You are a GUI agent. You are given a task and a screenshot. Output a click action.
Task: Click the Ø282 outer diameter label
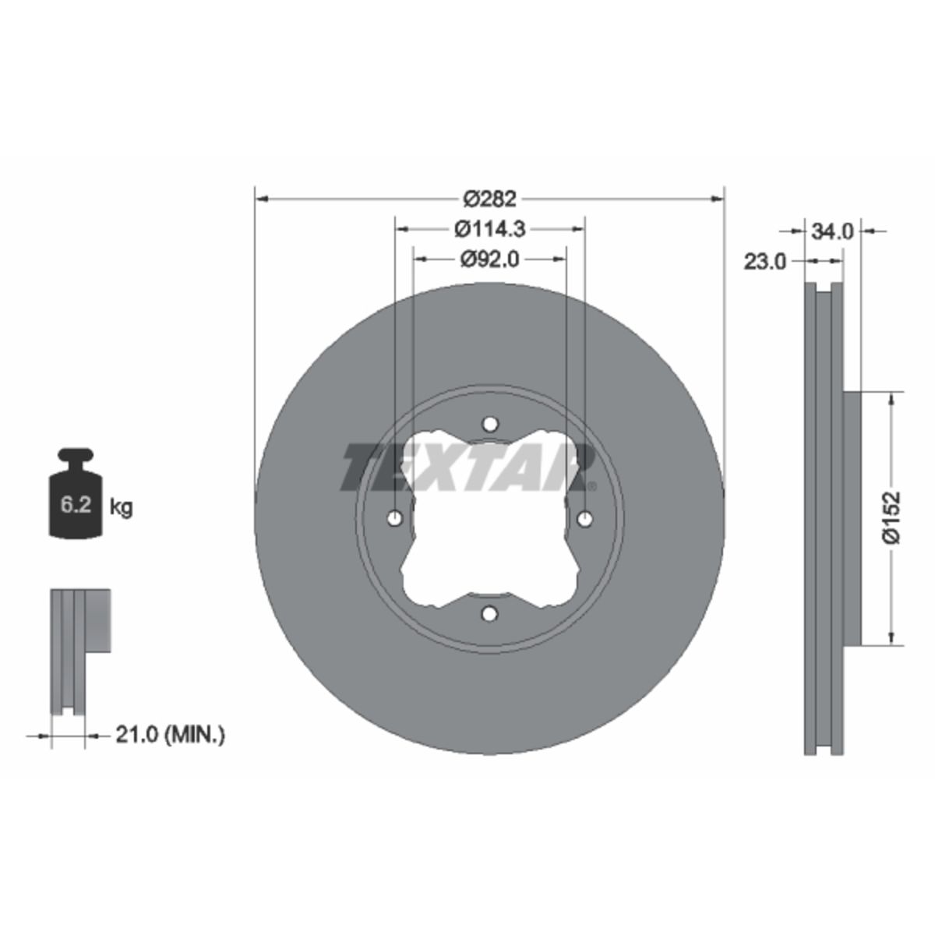click(489, 199)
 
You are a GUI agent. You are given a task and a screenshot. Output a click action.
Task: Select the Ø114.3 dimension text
click(489, 229)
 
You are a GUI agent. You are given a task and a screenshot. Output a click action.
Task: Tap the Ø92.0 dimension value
click(489, 259)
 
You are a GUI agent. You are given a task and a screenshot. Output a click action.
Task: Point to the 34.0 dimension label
click(832, 232)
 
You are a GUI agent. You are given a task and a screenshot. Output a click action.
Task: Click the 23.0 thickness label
click(764, 262)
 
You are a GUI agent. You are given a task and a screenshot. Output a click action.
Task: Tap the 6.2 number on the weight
click(76, 506)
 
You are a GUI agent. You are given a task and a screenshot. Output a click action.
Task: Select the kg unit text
click(122, 508)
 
